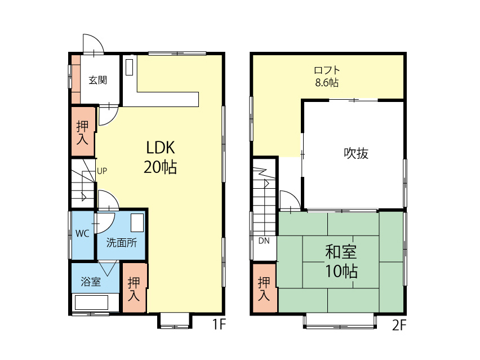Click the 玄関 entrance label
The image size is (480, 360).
pyautogui.click(x=97, y=80)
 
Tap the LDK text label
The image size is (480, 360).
pyautogui.click(x=161, y=148)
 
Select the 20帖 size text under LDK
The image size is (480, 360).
pyautogui.click(x=160, y=167)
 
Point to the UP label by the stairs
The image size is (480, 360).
pyautogui.click(x=102, y=171)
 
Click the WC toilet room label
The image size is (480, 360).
pyautogui.click(x=82, y=234)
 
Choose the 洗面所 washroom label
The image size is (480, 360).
pyautogui.click(x=122, y=243)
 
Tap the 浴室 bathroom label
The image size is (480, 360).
pyautogui.click(x=91, y=282)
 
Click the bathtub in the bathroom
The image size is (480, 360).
pyautogui.click(x=91, y=302)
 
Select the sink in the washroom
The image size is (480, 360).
pyautogui.click(x=137, y=223)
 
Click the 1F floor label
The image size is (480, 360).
pyautogui.click(x=219, y=324)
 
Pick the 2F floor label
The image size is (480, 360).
pyautogui.click(x=399, y=325)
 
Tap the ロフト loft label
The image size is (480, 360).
pyautogui.click(x=327, y=70)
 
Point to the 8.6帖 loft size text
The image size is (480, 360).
pyautogui.click(x=327, y=83)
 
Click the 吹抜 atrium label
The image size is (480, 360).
pyautogui.click(x=356, y=153)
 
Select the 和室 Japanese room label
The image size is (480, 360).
pyautogui.click(x=341, y=252)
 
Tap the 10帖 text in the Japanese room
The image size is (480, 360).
pyautogui.click(x=341, y=271)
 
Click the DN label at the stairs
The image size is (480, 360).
pyautogui.click(x=264, y=241)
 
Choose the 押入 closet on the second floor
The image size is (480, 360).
pyautogui.click(x=264, y=288)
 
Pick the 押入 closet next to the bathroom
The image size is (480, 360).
pyautogui.click(x=134, y=288)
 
